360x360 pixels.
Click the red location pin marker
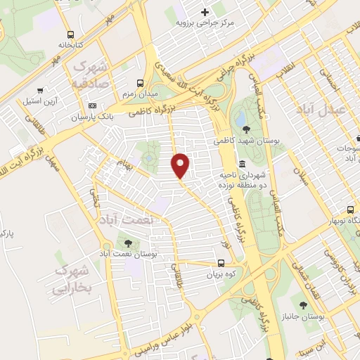pyautogui.click(x=181, y=165)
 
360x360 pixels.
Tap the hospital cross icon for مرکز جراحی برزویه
pyautogui.click(x=205, y=11)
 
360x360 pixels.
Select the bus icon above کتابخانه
pyautogui.click(x=70, y=34)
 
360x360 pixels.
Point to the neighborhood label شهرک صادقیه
pyautogui.click(x=91, y=73)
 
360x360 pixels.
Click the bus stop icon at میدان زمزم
pyautogui.click(x=141, y=82)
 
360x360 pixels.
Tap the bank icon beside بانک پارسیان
pyautogui.click(x=92, y=105)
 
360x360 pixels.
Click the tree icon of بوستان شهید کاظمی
pyautogui.click(x=245, y=129)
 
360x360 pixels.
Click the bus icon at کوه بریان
pyautogui.click(x=221, y=264)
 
